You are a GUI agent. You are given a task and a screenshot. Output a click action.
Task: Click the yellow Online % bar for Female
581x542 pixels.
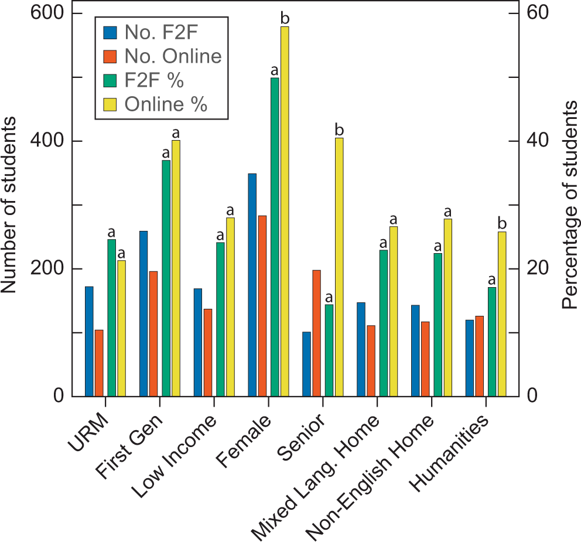click(285, 211)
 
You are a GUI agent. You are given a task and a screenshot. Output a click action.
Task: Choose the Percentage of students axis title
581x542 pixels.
click(569, 204)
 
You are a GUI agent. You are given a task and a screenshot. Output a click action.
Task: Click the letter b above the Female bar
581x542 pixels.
click(285, 19)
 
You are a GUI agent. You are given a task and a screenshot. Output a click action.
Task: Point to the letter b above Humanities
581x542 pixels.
click(501, 224)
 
